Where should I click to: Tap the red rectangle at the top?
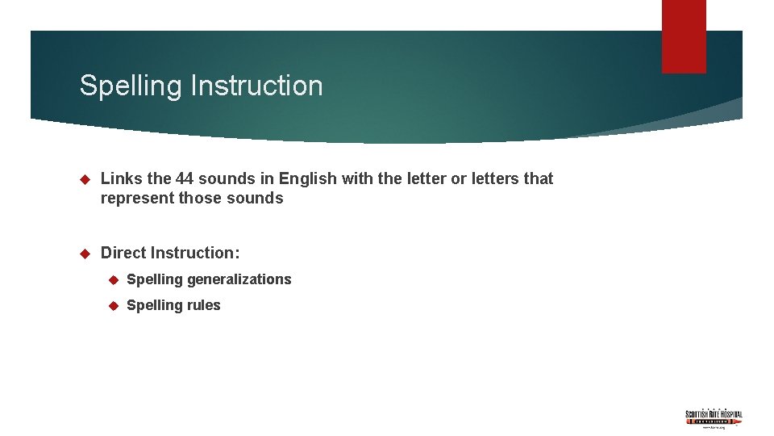click(684, 36)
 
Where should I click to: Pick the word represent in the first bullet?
click(136, 199)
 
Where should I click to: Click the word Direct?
click(123, 253)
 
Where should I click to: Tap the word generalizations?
click(239, 279)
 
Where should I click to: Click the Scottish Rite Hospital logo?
click(714, 417)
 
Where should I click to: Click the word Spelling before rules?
click(156, 305)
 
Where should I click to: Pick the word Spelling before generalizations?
click(156, 279)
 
